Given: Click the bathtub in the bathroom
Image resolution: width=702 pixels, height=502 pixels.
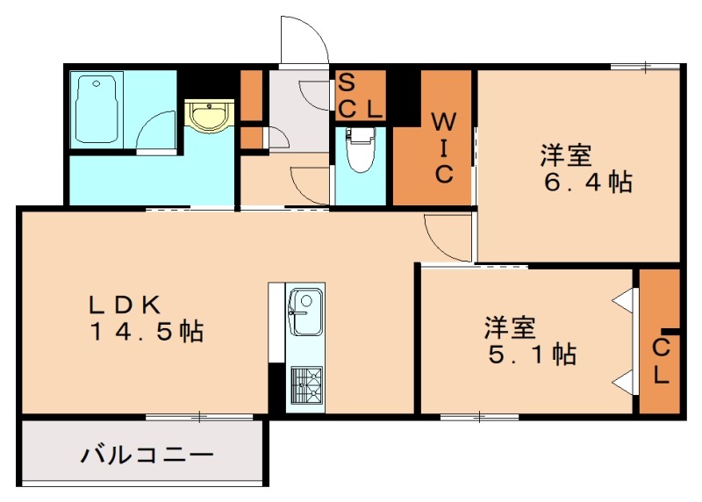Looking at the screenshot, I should (x=98, y=109).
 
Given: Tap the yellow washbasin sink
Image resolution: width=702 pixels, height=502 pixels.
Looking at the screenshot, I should (x=209, y=115).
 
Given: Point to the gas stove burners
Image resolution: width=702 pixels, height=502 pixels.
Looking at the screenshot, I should (x=306, y=383).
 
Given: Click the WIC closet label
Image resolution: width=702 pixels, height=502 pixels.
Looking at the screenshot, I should (x=444, y=145).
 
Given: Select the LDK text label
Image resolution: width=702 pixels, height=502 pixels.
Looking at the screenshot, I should (x=123, y=305).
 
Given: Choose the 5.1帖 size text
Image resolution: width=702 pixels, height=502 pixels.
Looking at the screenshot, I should (x=531, y=355).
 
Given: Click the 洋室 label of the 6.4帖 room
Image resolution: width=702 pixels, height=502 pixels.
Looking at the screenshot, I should (x=565, y=156).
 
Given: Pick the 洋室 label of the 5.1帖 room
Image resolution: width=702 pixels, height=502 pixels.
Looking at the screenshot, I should (x=509, y=328).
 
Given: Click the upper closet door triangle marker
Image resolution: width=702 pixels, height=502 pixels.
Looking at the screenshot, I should (x=625, y=298).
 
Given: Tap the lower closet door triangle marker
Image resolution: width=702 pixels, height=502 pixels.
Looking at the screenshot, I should (x=625, y=380).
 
